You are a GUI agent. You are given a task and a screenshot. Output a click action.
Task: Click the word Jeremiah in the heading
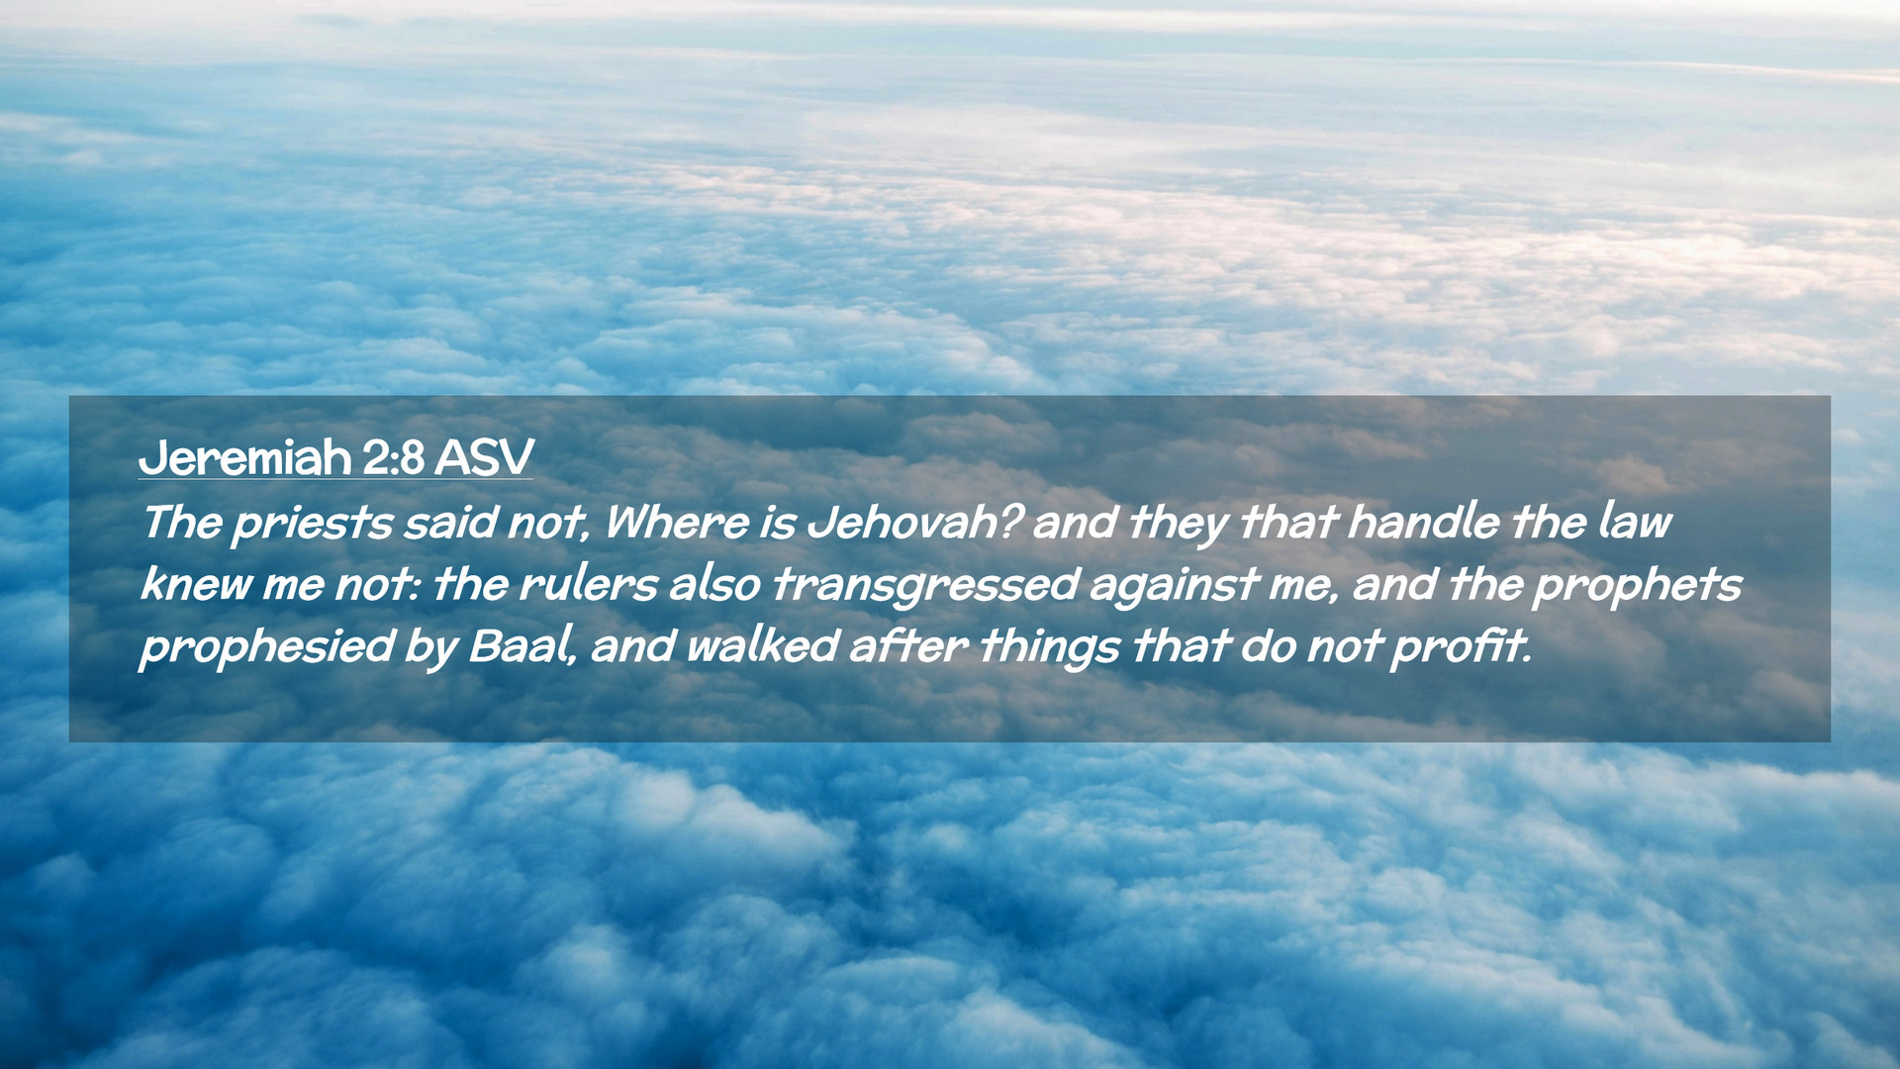click(244, 458)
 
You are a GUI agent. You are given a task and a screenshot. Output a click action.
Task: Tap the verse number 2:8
click(393, 458)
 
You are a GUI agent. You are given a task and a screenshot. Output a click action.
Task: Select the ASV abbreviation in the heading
click(484, 458)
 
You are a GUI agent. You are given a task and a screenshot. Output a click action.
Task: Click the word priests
click(312, 524)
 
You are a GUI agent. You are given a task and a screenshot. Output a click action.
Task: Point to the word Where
click(676, 522)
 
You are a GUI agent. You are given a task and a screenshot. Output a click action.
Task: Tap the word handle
click(1423, 522)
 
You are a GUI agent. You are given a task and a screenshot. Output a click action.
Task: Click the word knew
click(196, 584)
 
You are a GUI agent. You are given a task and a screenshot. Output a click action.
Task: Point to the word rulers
click(588, 584)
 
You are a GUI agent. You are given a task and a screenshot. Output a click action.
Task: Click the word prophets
click(1637, 586)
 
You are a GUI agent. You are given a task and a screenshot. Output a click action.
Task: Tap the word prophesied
click(267, 647)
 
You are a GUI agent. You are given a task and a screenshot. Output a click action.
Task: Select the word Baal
click(520, 645)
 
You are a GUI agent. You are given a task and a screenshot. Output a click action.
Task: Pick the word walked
click(762, 645)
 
